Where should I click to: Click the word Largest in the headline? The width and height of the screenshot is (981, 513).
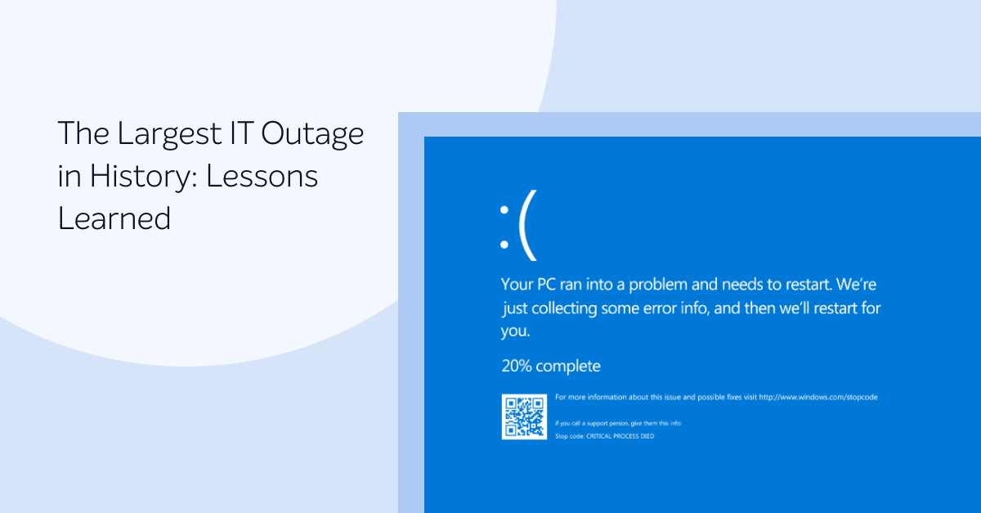[169, 134]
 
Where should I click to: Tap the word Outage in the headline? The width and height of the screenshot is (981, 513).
[312, 134]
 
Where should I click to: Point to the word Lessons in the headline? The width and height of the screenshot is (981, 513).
[262, 176]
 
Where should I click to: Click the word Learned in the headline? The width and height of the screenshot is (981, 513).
[114, 218]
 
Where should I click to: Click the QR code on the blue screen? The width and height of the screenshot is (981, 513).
[524, 416]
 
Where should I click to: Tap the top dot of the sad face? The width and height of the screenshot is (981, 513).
[504, 210]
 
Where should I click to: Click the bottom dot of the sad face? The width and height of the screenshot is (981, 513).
[504, 245]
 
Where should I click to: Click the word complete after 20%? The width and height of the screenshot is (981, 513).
[568, 366]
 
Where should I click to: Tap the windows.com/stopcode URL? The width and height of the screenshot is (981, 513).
[818, 398]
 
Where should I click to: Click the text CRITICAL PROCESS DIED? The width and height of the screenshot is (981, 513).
[620, 436]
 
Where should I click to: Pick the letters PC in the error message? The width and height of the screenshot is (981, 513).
[546, 284]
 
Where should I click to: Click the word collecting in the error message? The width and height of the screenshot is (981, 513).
[564, 308]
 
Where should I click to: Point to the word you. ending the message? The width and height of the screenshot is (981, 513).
[516, 331]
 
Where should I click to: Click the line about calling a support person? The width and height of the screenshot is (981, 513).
[618, 424]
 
